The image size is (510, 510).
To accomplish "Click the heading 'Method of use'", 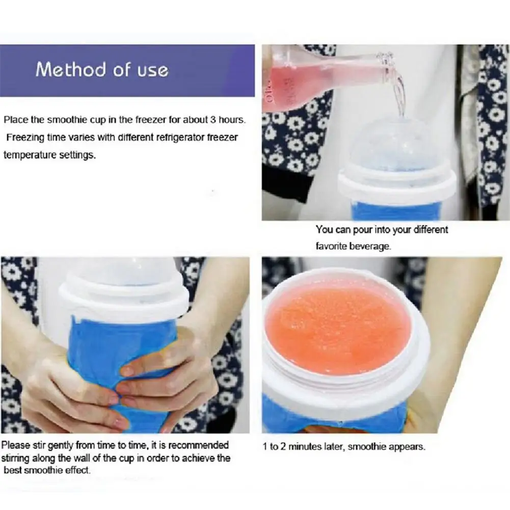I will (102, 70).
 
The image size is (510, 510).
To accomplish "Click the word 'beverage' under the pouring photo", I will (373, 246).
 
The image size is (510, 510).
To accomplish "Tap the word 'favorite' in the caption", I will (332, 246).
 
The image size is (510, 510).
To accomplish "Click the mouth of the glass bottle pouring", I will (388, 59).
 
